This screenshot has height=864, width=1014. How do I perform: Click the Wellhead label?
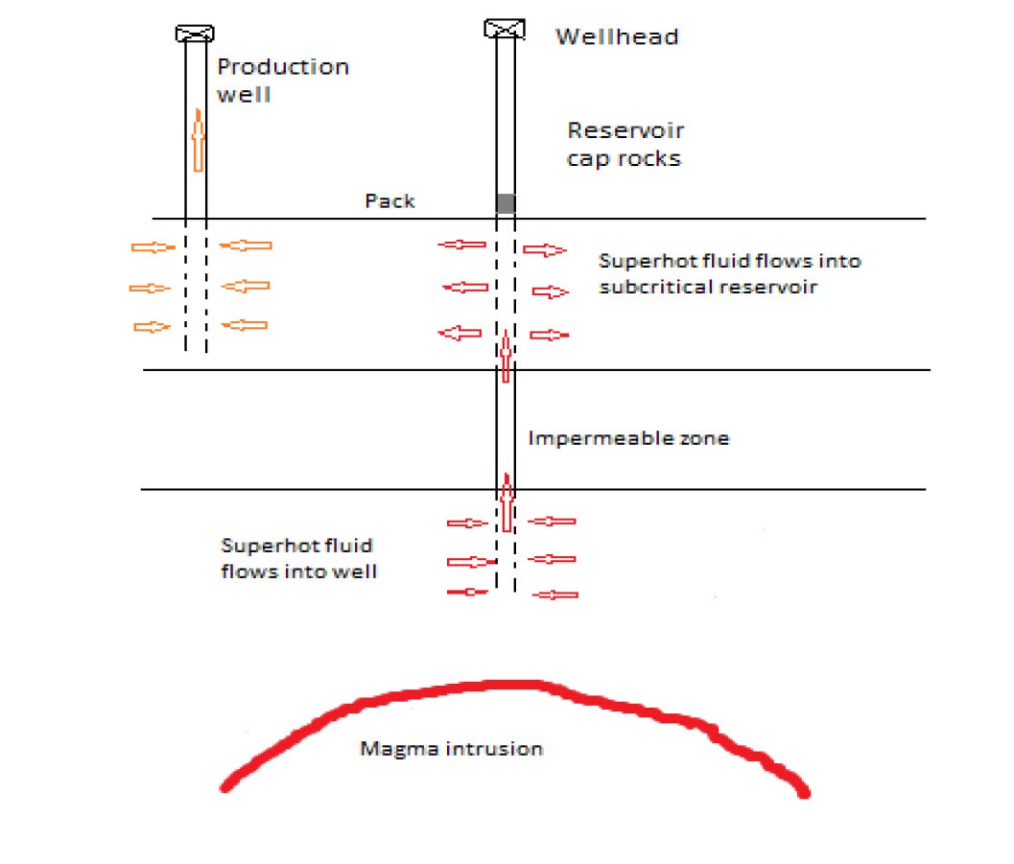coord(617,37)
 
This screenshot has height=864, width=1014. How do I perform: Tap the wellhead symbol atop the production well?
coord(195,34)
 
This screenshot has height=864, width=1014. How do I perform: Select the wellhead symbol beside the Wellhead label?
coord(505,29)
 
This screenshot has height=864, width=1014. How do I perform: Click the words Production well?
coord(282,80)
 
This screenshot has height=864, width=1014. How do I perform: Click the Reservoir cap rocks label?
coord(625,144)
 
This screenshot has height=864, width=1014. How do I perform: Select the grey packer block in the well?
coord(505,203)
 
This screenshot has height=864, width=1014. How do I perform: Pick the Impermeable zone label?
coord(628,438)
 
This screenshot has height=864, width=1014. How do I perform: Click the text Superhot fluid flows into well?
coord(296,558)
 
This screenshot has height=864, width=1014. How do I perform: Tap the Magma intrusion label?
coord(451,747)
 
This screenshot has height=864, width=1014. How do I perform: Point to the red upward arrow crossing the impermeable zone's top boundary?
coord(506,356)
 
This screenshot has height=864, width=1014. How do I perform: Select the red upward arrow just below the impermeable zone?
coord(506,502)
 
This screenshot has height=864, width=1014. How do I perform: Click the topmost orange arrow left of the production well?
coord(153,247)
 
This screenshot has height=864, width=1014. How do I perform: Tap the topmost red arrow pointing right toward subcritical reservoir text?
coord(545,250)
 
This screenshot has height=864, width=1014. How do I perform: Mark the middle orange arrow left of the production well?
coord(150,288)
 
